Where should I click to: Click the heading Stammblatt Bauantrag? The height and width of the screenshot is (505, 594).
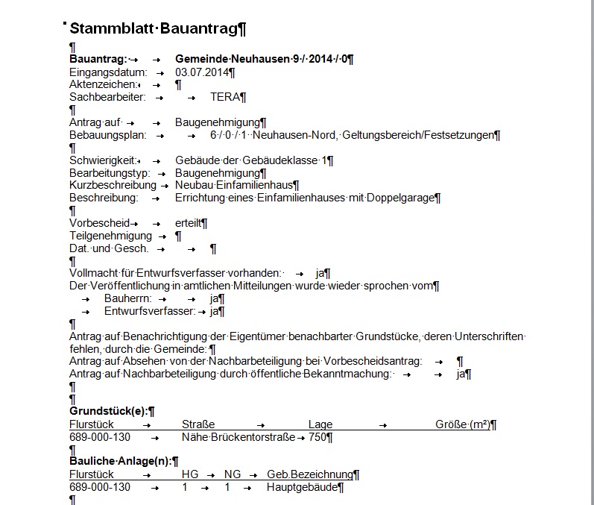[x=157, y=29]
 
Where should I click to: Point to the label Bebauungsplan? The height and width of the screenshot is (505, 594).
[x=107, y=135]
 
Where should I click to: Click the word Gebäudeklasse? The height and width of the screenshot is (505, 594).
[x=279, y=160]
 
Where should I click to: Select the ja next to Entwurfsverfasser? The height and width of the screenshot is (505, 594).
[x=214, y=311]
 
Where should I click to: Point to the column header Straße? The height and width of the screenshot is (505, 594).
[x=198, y=424]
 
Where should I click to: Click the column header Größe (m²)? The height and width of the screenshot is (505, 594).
[x=463, y=424]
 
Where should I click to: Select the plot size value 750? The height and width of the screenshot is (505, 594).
[x=317, y=437]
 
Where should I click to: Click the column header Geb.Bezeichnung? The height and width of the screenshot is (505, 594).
[x=309, y=474]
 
